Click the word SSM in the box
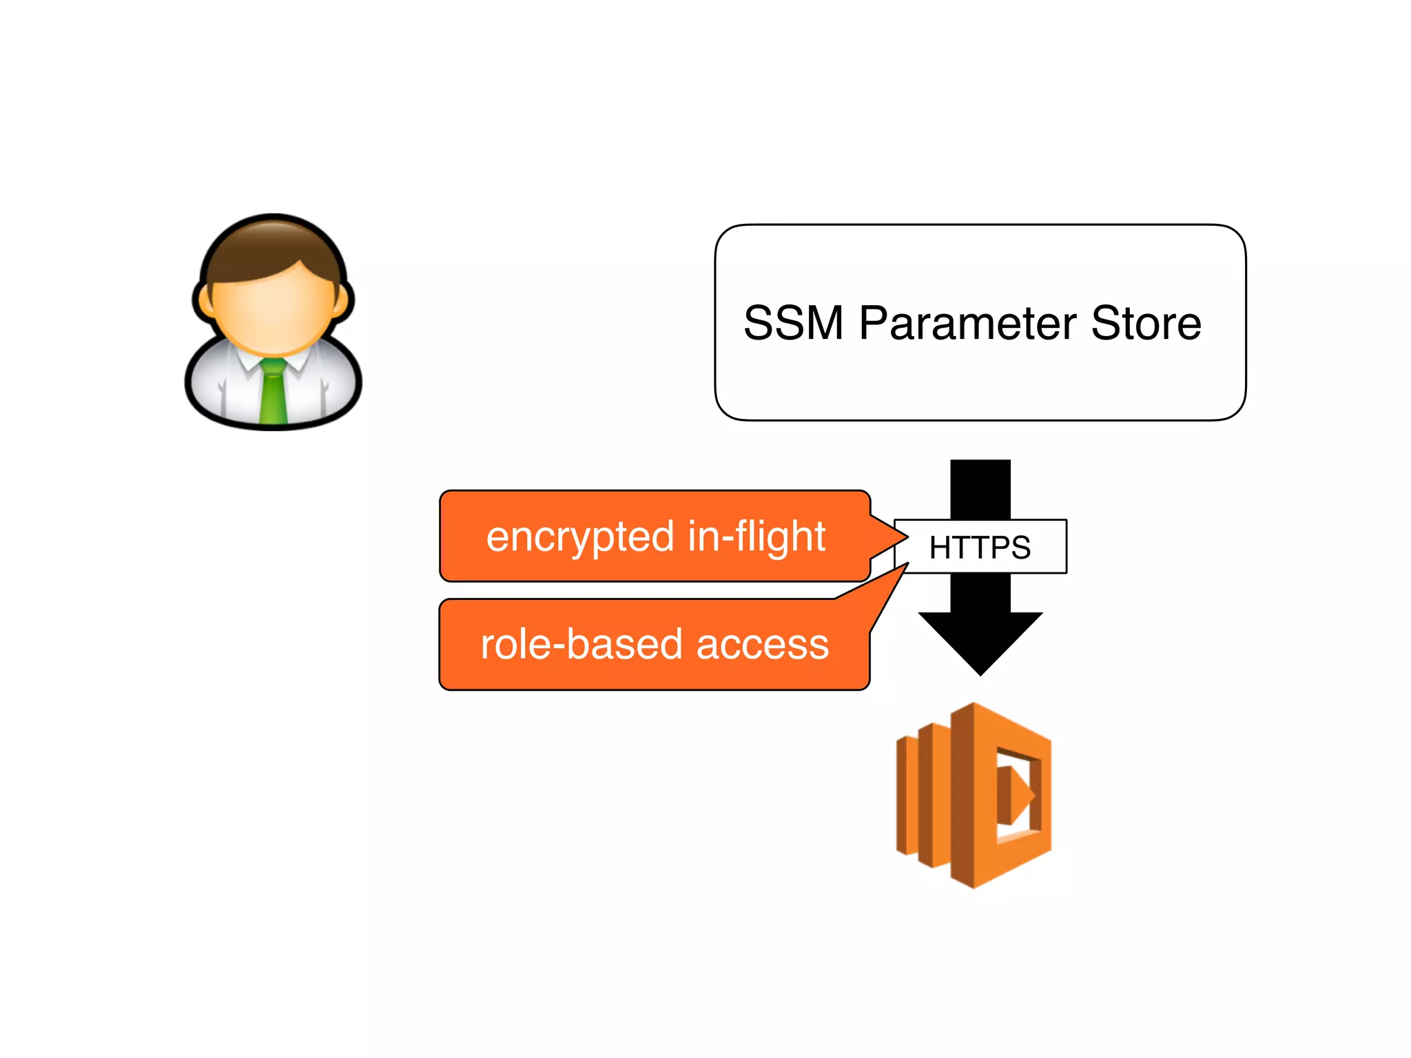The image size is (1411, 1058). (793, 323)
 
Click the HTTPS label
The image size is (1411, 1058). (980, 547)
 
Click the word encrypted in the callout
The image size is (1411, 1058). (579, 538)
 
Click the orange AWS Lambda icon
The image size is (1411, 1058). (974, 796)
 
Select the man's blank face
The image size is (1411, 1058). (274, 310)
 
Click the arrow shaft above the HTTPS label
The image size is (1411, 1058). (980, 489)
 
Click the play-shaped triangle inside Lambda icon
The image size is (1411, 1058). (1016, 796)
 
